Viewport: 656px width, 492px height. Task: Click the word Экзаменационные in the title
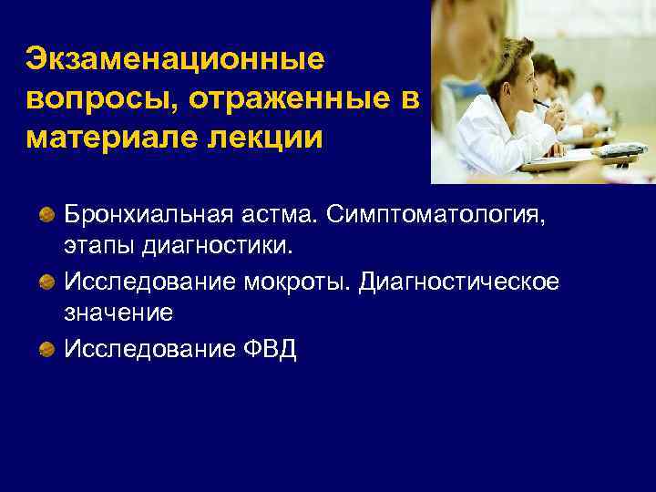pyautogui.click(x=175, y=59)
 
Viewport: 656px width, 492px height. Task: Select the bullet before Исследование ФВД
pyautogui.click(x=46, y=349)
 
